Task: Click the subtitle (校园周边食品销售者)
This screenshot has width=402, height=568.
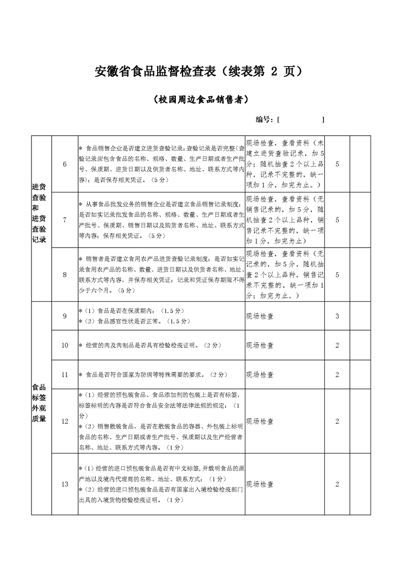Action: point(201,100)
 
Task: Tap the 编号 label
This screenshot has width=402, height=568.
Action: point(265,119)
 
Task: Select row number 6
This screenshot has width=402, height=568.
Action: point(65,164)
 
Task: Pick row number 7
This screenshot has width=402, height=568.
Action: point(65,220)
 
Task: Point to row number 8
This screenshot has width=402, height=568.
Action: point(65,274)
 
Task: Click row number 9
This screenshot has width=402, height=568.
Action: point(65,316)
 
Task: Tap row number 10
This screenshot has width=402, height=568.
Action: point(65,345)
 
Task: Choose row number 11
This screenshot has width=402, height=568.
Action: point(65,375)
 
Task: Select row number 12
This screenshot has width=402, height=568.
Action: point(65,421)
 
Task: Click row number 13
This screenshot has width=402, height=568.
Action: point(65,484)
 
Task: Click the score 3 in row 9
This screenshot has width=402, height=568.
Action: point(337,316)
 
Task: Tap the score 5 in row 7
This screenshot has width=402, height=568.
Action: point(337,220)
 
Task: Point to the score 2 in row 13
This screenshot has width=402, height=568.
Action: point(337,484)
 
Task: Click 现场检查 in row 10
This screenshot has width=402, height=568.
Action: point(260,345)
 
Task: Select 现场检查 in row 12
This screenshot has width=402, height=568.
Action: point(260,421)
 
